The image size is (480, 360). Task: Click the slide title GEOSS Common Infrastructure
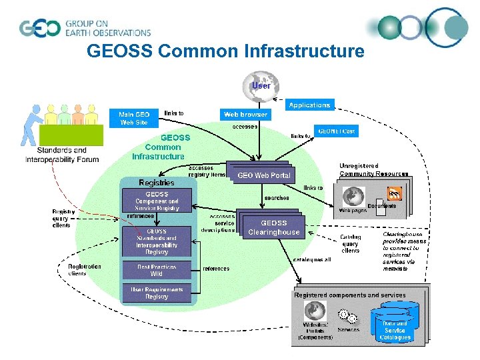(x=225, y=51)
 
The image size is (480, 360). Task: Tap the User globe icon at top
(x=261, y=85)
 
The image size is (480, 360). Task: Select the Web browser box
(x=245, y=114)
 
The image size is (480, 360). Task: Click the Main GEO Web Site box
(x=134, y=118)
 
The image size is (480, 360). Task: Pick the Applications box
(x=309, y=105)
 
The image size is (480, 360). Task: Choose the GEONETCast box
(x=336, y=131)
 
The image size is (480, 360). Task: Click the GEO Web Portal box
(x=264, y=175)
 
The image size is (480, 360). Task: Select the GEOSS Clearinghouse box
(x=273, y=227)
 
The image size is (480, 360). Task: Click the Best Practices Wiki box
(x=157, y=270)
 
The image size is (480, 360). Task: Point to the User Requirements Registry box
(x=157, y=293)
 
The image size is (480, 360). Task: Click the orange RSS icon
(x=395, y=194)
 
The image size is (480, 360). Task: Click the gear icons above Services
(x=347, y=316)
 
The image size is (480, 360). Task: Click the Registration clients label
(x=85, y=269)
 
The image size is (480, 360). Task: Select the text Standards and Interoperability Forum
(x=62, y=155)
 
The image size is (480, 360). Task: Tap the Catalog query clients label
(x=350, y=243)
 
